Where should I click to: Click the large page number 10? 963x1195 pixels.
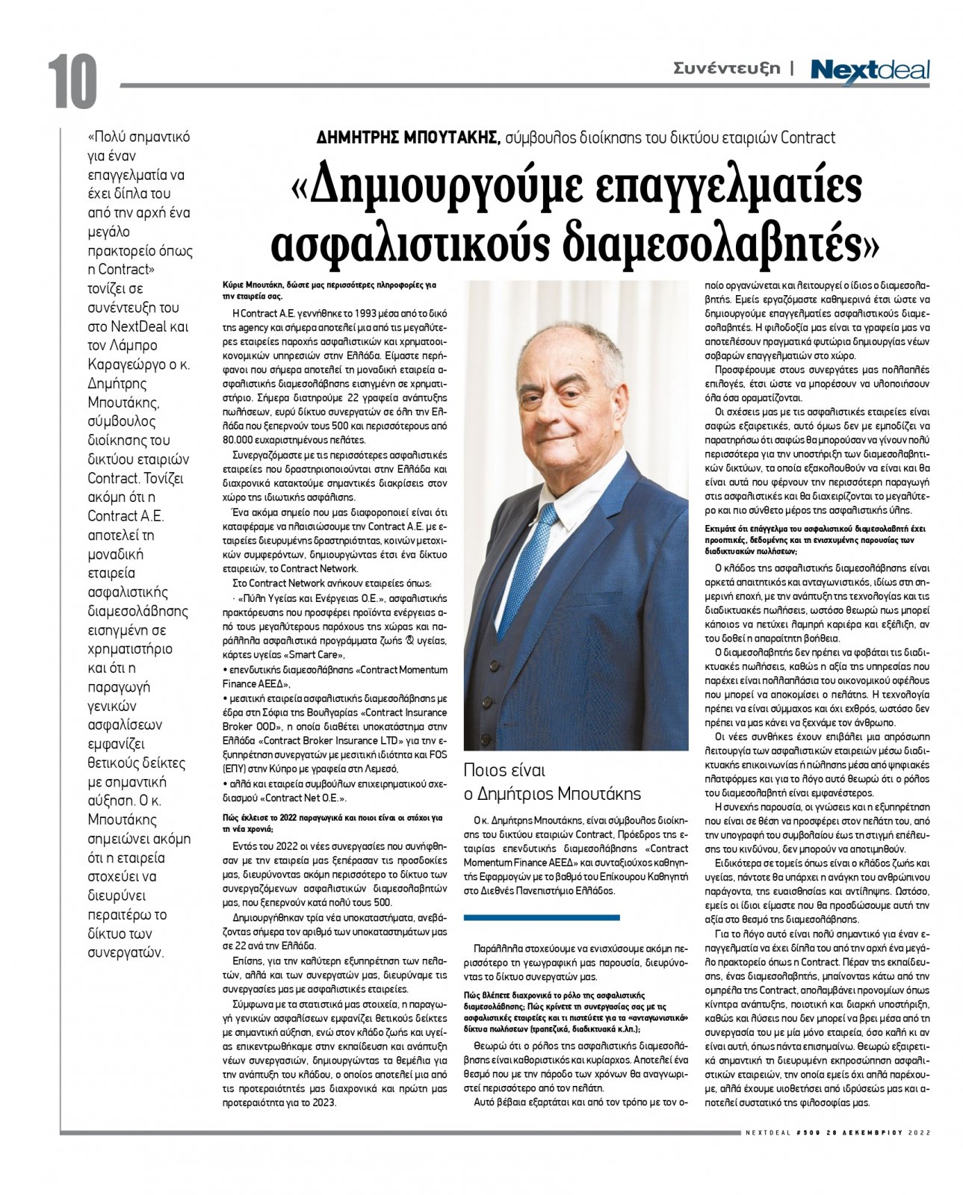coord(72,81)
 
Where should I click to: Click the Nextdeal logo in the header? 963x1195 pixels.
coord(870,71)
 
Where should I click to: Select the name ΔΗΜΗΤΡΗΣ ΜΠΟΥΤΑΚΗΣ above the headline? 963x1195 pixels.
coord(408,137)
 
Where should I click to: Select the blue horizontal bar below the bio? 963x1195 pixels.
coord(541,917)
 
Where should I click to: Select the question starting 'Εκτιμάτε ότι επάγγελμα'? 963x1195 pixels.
coord(815,528)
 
